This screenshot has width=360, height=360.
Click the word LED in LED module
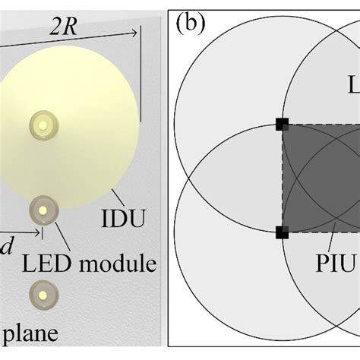(43, 264)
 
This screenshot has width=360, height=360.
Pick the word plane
(27, 333)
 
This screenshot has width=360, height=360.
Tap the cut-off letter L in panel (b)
(353, 84)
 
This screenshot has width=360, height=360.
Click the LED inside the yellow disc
(43, 124)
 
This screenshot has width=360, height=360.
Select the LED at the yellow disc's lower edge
(43, 209)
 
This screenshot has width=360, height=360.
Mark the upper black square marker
(283, 124)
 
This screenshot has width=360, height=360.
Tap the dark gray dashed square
(319, 178)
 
